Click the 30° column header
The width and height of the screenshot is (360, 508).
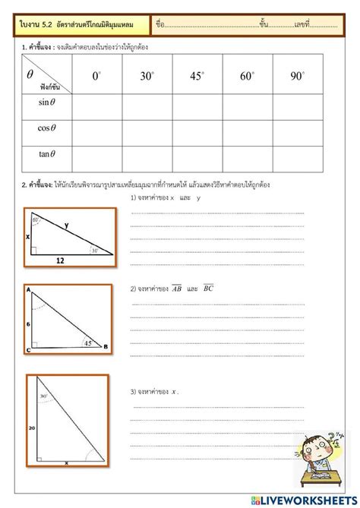(147, 76)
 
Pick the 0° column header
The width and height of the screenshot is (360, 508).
(97, 76)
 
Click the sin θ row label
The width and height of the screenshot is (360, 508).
(48, 102)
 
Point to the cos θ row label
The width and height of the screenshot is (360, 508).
(48, 128)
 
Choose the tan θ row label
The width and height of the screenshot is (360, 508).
(48, 153)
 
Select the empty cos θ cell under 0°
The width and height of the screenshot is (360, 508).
(97, 128)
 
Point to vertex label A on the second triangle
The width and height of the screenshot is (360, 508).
(28, 291)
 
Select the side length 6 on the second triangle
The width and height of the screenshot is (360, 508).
(29, 323)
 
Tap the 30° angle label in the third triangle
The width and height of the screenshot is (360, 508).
(44, 396)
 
